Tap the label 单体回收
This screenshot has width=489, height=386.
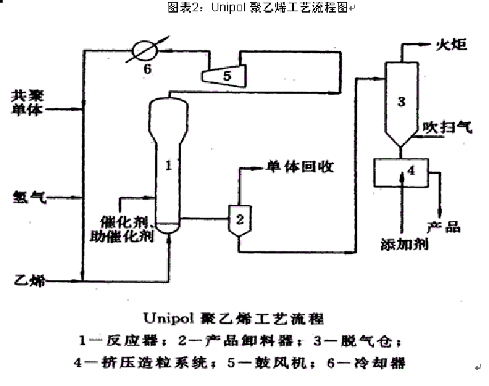pyautogui.click(x=300, y=167)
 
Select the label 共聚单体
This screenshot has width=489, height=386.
pyautogui.click(x=27, y=101)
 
